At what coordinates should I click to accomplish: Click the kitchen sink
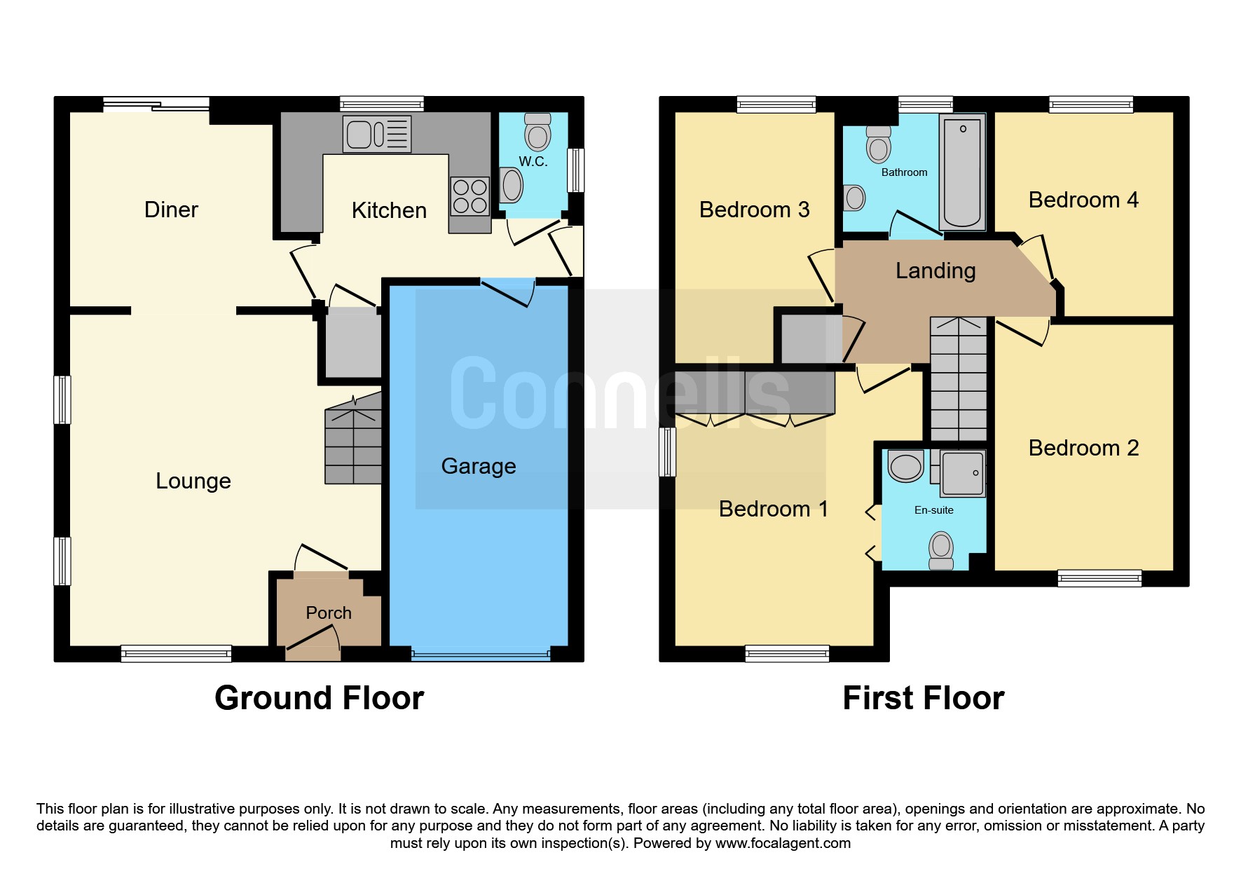pos(377,134)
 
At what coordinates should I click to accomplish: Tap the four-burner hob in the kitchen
pos(469,196)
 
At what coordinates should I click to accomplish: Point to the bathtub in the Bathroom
pos(963,172)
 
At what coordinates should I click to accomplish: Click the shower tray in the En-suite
pos(963,473)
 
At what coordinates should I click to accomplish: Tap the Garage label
pos(479,467)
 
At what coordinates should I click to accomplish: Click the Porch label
pos(329,613)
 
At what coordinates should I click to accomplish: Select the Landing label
pos(935,271)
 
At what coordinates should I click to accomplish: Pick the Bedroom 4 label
pos(1083,200)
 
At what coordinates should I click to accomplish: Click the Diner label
pos(171,210)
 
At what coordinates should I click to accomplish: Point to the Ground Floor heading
pos(320,698)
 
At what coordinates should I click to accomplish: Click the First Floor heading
pos(924,698)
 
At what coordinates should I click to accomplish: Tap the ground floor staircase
pos(353,438)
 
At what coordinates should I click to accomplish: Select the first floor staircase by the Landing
pos(959,378)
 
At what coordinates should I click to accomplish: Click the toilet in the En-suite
pos(941,551)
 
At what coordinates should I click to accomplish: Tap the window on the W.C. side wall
pos(575,170)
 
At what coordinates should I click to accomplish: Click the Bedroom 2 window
pos(1099,579)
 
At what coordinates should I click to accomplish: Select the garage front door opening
pos(481,655)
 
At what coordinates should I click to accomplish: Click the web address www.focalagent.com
pos(783,843)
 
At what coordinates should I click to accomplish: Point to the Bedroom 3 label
pos(754,210)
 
